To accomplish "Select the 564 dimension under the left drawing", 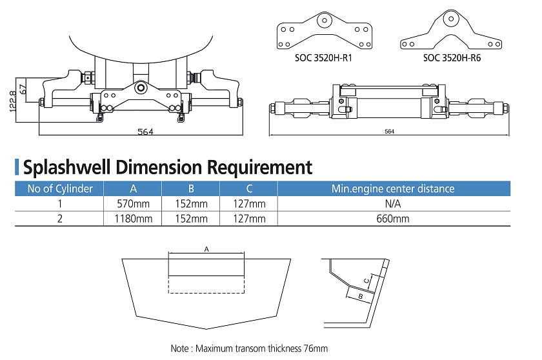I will coord(145,132).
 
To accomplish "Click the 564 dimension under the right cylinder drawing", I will coord(389,132).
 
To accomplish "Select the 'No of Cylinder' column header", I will coord(59,189).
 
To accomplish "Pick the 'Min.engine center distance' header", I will coord(393,189).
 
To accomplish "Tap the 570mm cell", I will coord(132,204).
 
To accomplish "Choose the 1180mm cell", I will coord(132,219).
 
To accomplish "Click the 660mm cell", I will coord(393,219).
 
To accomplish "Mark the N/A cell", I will coord(393,204).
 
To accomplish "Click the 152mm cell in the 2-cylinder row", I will coord(190,219).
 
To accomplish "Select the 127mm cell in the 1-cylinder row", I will coord(248,204).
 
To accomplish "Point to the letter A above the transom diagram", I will coord(206,248).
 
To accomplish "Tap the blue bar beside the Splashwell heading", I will coord(17,167).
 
